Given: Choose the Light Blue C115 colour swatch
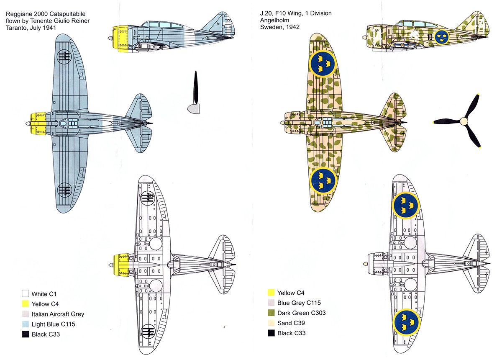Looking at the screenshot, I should click(25, 324).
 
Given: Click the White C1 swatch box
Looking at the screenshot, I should click(25, 293).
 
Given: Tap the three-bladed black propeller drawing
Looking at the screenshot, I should click(463, 121).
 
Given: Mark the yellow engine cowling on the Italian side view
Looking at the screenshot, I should click(121, 39).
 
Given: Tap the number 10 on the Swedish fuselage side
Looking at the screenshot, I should click(430, 37).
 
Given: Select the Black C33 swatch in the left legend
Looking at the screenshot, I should click(25, 334).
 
